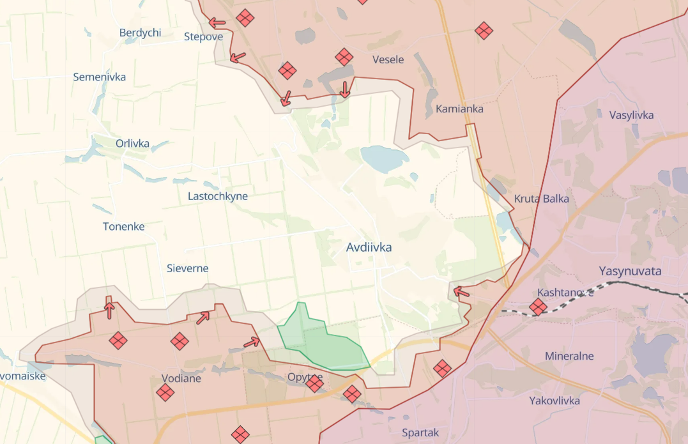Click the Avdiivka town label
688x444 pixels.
pos(369,247)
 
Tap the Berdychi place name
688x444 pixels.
pos(140,33)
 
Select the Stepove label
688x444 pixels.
pos(203,36)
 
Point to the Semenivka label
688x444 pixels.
pos(99,77)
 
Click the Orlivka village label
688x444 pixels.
pos(132,143)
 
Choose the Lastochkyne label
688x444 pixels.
pos(217,196)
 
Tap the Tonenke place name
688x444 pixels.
pos(123,226)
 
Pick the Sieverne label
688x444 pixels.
pos(187,268)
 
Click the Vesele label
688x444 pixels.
pos(388,59)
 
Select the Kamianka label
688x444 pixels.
pos(459,109)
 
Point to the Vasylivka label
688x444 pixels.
pos(631,115)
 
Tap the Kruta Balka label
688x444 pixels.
pos(541,199)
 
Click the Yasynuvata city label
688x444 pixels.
pos(630,271)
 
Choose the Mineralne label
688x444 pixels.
pos(569,356)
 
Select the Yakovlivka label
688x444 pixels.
pos(554,401)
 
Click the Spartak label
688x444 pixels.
pos(420,433)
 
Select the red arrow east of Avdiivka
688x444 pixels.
pos(461,293)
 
